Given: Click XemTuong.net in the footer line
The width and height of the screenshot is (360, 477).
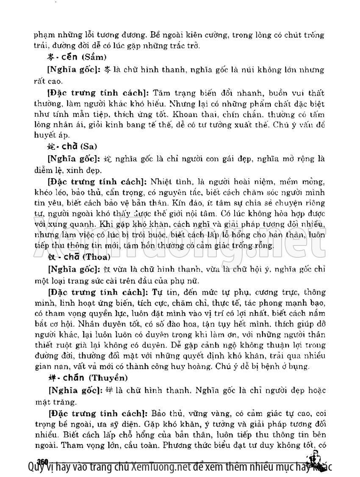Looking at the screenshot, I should coord(159,467).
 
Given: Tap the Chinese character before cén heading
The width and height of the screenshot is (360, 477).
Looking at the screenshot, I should coord(50,56).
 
